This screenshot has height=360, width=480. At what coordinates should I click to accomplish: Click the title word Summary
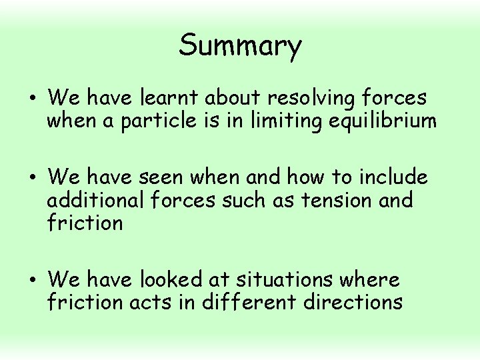coord(240,46)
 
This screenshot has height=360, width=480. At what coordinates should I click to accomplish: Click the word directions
coord(353,301)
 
